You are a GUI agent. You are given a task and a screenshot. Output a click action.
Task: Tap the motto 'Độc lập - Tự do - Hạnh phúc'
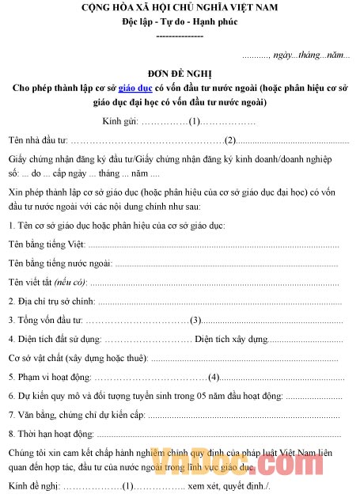pyautogui.click(x=180, y=22)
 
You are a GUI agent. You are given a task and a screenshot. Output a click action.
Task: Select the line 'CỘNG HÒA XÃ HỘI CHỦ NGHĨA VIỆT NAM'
pyautogui.click(x=180, y=8)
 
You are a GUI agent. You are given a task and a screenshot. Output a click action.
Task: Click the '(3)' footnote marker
pyautogui.click(x=196, y=320)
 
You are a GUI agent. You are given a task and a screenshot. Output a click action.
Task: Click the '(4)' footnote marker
pyautogui.click(x=214, y=377)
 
